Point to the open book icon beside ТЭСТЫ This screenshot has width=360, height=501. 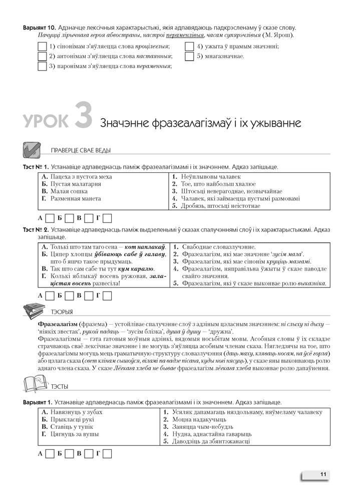click(33, 385)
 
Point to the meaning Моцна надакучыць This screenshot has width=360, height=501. click(200, 419)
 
